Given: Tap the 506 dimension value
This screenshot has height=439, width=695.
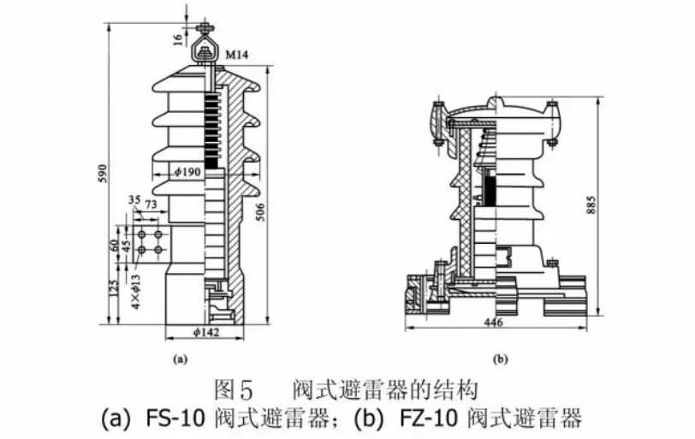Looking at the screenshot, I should pyautogui.click(x=262, y=212).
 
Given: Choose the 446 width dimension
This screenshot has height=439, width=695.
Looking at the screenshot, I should pyautogui.click(x=491, y=323).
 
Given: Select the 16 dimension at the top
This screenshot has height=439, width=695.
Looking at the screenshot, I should pyautogui.click(x=176, y=38).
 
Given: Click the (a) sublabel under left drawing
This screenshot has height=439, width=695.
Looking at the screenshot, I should pyautogui.click(x=180, y=360).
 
